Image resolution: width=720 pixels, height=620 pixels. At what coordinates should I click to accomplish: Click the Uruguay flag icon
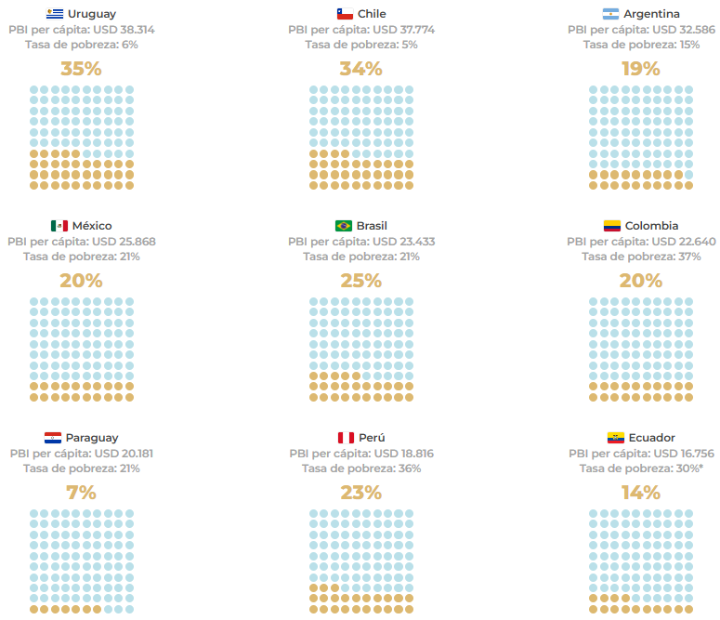point(55,14)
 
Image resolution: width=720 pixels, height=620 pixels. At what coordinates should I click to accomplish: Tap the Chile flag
point(345,14)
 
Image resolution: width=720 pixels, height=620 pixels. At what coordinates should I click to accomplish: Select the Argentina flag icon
point(610,14)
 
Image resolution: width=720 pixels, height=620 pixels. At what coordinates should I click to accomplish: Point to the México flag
point(59,226)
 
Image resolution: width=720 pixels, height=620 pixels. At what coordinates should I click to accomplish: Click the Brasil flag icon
point(344,226)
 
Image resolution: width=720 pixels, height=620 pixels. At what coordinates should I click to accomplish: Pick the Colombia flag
point(612,226)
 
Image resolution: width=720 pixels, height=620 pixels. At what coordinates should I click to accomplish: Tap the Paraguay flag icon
point(53,438)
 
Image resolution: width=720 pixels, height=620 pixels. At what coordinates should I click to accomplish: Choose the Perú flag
point(346,438)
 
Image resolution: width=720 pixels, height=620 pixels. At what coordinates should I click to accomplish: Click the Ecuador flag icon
point(616,438)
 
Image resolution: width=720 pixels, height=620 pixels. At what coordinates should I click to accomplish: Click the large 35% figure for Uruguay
point(81,69)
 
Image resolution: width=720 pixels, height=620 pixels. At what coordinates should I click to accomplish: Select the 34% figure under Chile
point(360,69)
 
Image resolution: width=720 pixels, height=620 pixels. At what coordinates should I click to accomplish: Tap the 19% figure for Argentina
point(641,69)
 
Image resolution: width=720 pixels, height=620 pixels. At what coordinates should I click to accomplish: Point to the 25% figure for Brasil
point(360,281)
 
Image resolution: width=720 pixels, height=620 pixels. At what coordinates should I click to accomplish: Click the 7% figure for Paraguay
point(81,493)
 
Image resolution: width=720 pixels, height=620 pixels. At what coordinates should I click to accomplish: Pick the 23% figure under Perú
point(360,493)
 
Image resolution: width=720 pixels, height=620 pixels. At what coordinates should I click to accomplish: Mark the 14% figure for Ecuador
point(641,493)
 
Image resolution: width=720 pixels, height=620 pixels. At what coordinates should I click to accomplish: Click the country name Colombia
point(651,226)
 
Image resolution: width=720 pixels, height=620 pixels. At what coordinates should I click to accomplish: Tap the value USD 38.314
point(124,30)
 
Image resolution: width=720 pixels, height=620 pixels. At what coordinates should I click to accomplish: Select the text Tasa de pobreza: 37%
point(641,257)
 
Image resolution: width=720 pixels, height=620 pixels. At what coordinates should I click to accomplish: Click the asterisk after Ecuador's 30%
point(700,467)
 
